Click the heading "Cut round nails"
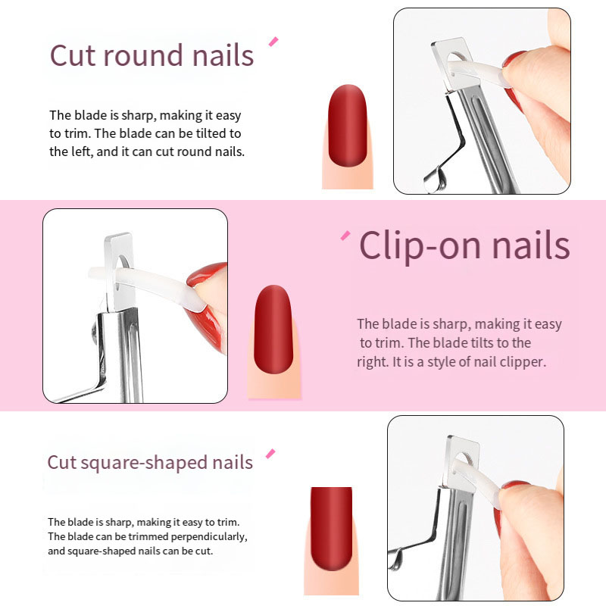[x=151, y=56]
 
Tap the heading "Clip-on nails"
[x=464, y=245]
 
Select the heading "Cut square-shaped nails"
[x=150, y=462]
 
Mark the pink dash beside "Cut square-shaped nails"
[x=270, y=454]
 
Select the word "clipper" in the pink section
[x=523, y=362]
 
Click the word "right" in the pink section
[x=372, y=362]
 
